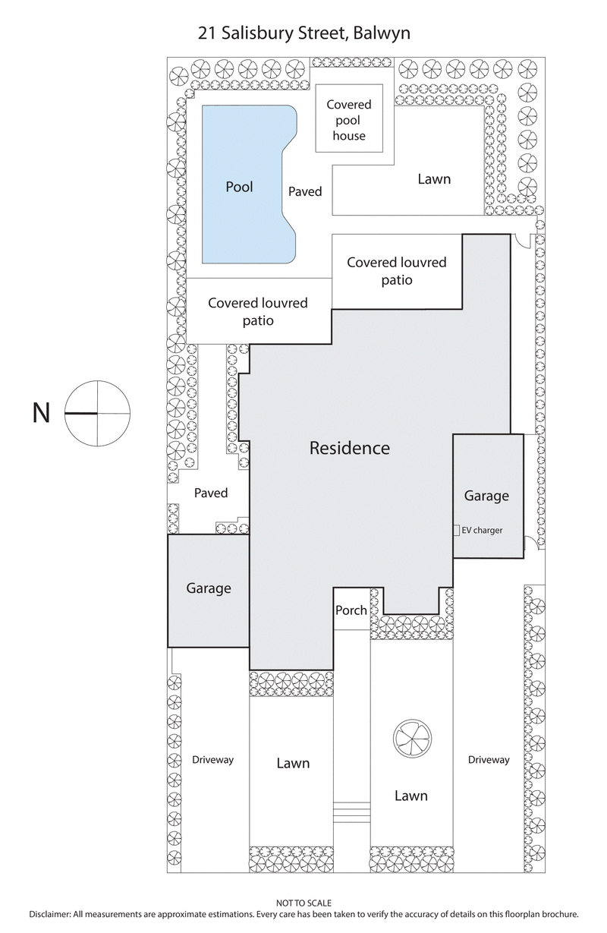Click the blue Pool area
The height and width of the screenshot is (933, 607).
(239, 186)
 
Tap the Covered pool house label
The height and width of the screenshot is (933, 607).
(349, 120)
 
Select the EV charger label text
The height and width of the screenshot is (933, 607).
(482, 531)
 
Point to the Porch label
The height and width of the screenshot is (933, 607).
(351, 610)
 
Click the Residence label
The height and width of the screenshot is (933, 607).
(349, 448)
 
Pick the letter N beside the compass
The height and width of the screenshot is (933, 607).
(41, 414)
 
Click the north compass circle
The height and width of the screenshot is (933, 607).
(97, 414)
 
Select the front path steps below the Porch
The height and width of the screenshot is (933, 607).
(351, 812)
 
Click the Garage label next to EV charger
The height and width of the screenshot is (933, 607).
(486, 496)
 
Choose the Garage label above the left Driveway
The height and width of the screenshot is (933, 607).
(209, 588)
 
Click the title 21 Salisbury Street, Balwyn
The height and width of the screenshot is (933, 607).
(303, 33)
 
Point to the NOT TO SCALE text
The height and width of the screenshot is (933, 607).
(303, 903)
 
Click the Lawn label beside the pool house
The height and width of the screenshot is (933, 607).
(434, 179)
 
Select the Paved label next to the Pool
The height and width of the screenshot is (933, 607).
(305, 191)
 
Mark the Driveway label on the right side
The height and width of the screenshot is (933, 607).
(489, 760)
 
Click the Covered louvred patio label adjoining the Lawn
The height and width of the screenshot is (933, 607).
(397, 271)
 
